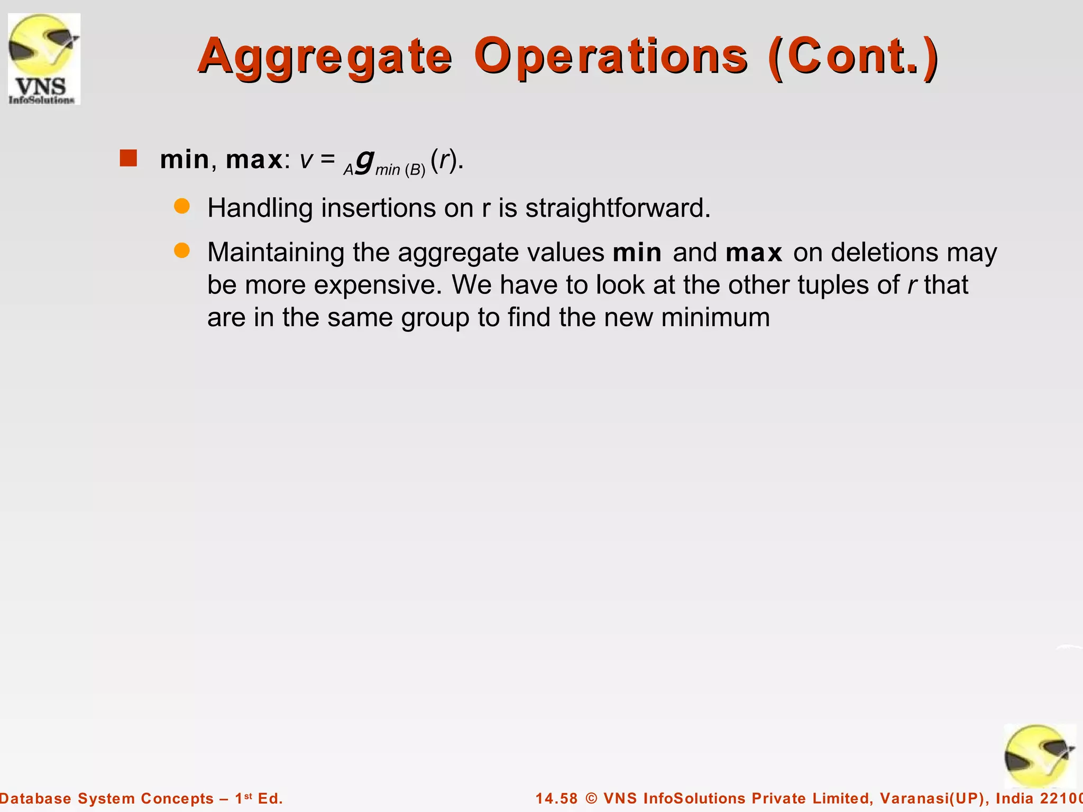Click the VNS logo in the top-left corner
click(x=44, y=59)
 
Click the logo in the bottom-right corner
click(x=1039, y=756)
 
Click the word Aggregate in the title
click(x=325, y=56)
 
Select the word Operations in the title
click(x=610, y=56)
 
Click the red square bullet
click(x=129, y=158)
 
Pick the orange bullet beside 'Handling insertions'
click(x=182, y=207)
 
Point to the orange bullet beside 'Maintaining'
click(x=182, y=251)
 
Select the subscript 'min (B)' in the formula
click(x=400, y=170)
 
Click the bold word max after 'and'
click(x=754, y=252)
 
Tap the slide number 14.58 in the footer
click(x=556, y=798)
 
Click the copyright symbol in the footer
click(x=591, y=798)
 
